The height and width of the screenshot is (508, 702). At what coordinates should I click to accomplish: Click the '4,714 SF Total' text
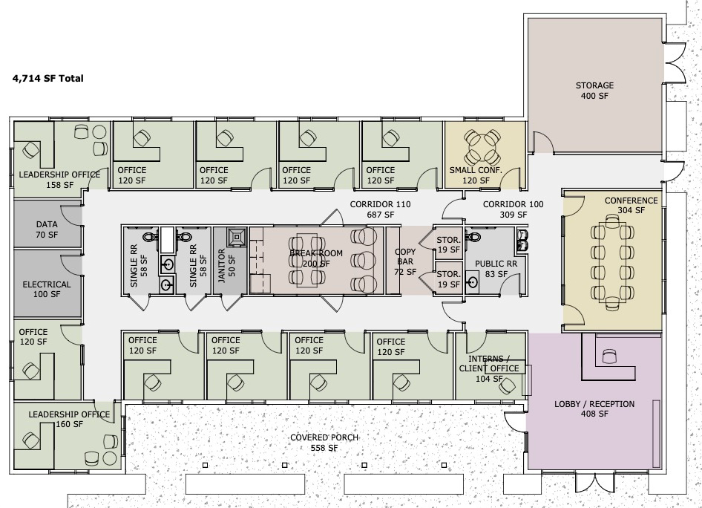[48, 79]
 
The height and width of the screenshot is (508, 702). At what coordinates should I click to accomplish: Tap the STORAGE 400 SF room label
[594, 91]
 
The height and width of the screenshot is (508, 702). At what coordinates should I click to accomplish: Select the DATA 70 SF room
[47, 224]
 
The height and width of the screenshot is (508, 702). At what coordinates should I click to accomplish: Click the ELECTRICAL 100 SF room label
[47, 290]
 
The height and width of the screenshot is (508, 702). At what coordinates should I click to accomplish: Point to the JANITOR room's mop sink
[236, 238]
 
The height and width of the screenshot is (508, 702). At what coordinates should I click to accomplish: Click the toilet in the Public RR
[473, 235]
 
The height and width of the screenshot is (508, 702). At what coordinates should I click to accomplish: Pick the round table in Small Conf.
[482, 147]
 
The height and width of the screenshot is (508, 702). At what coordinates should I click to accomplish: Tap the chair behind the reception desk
[609, 356]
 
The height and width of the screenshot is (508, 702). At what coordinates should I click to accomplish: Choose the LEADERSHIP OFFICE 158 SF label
[59, 179]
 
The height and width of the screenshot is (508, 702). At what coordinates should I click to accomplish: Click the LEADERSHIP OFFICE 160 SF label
[69, 420]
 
